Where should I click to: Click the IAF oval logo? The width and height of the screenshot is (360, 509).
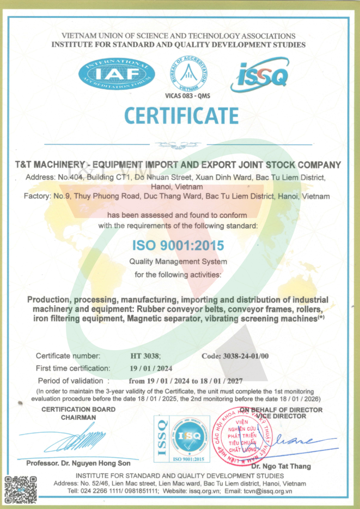(x=117, y=73)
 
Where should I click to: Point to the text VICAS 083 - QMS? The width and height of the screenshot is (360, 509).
(x=188, y=96)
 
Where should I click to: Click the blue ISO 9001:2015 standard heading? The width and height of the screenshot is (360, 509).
(x=178, y=246)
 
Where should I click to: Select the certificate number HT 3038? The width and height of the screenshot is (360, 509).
(x=146, y=356)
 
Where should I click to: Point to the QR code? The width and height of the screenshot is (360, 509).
(x=20, y=490)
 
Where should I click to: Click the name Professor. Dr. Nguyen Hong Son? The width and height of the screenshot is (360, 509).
(x=78, y=463)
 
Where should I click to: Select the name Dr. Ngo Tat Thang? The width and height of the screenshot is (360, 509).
(x=281, y=466)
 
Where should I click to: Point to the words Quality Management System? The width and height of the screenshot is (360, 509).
(x=178, y=262)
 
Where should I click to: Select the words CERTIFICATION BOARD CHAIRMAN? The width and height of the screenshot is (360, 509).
(x=78, y=413)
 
